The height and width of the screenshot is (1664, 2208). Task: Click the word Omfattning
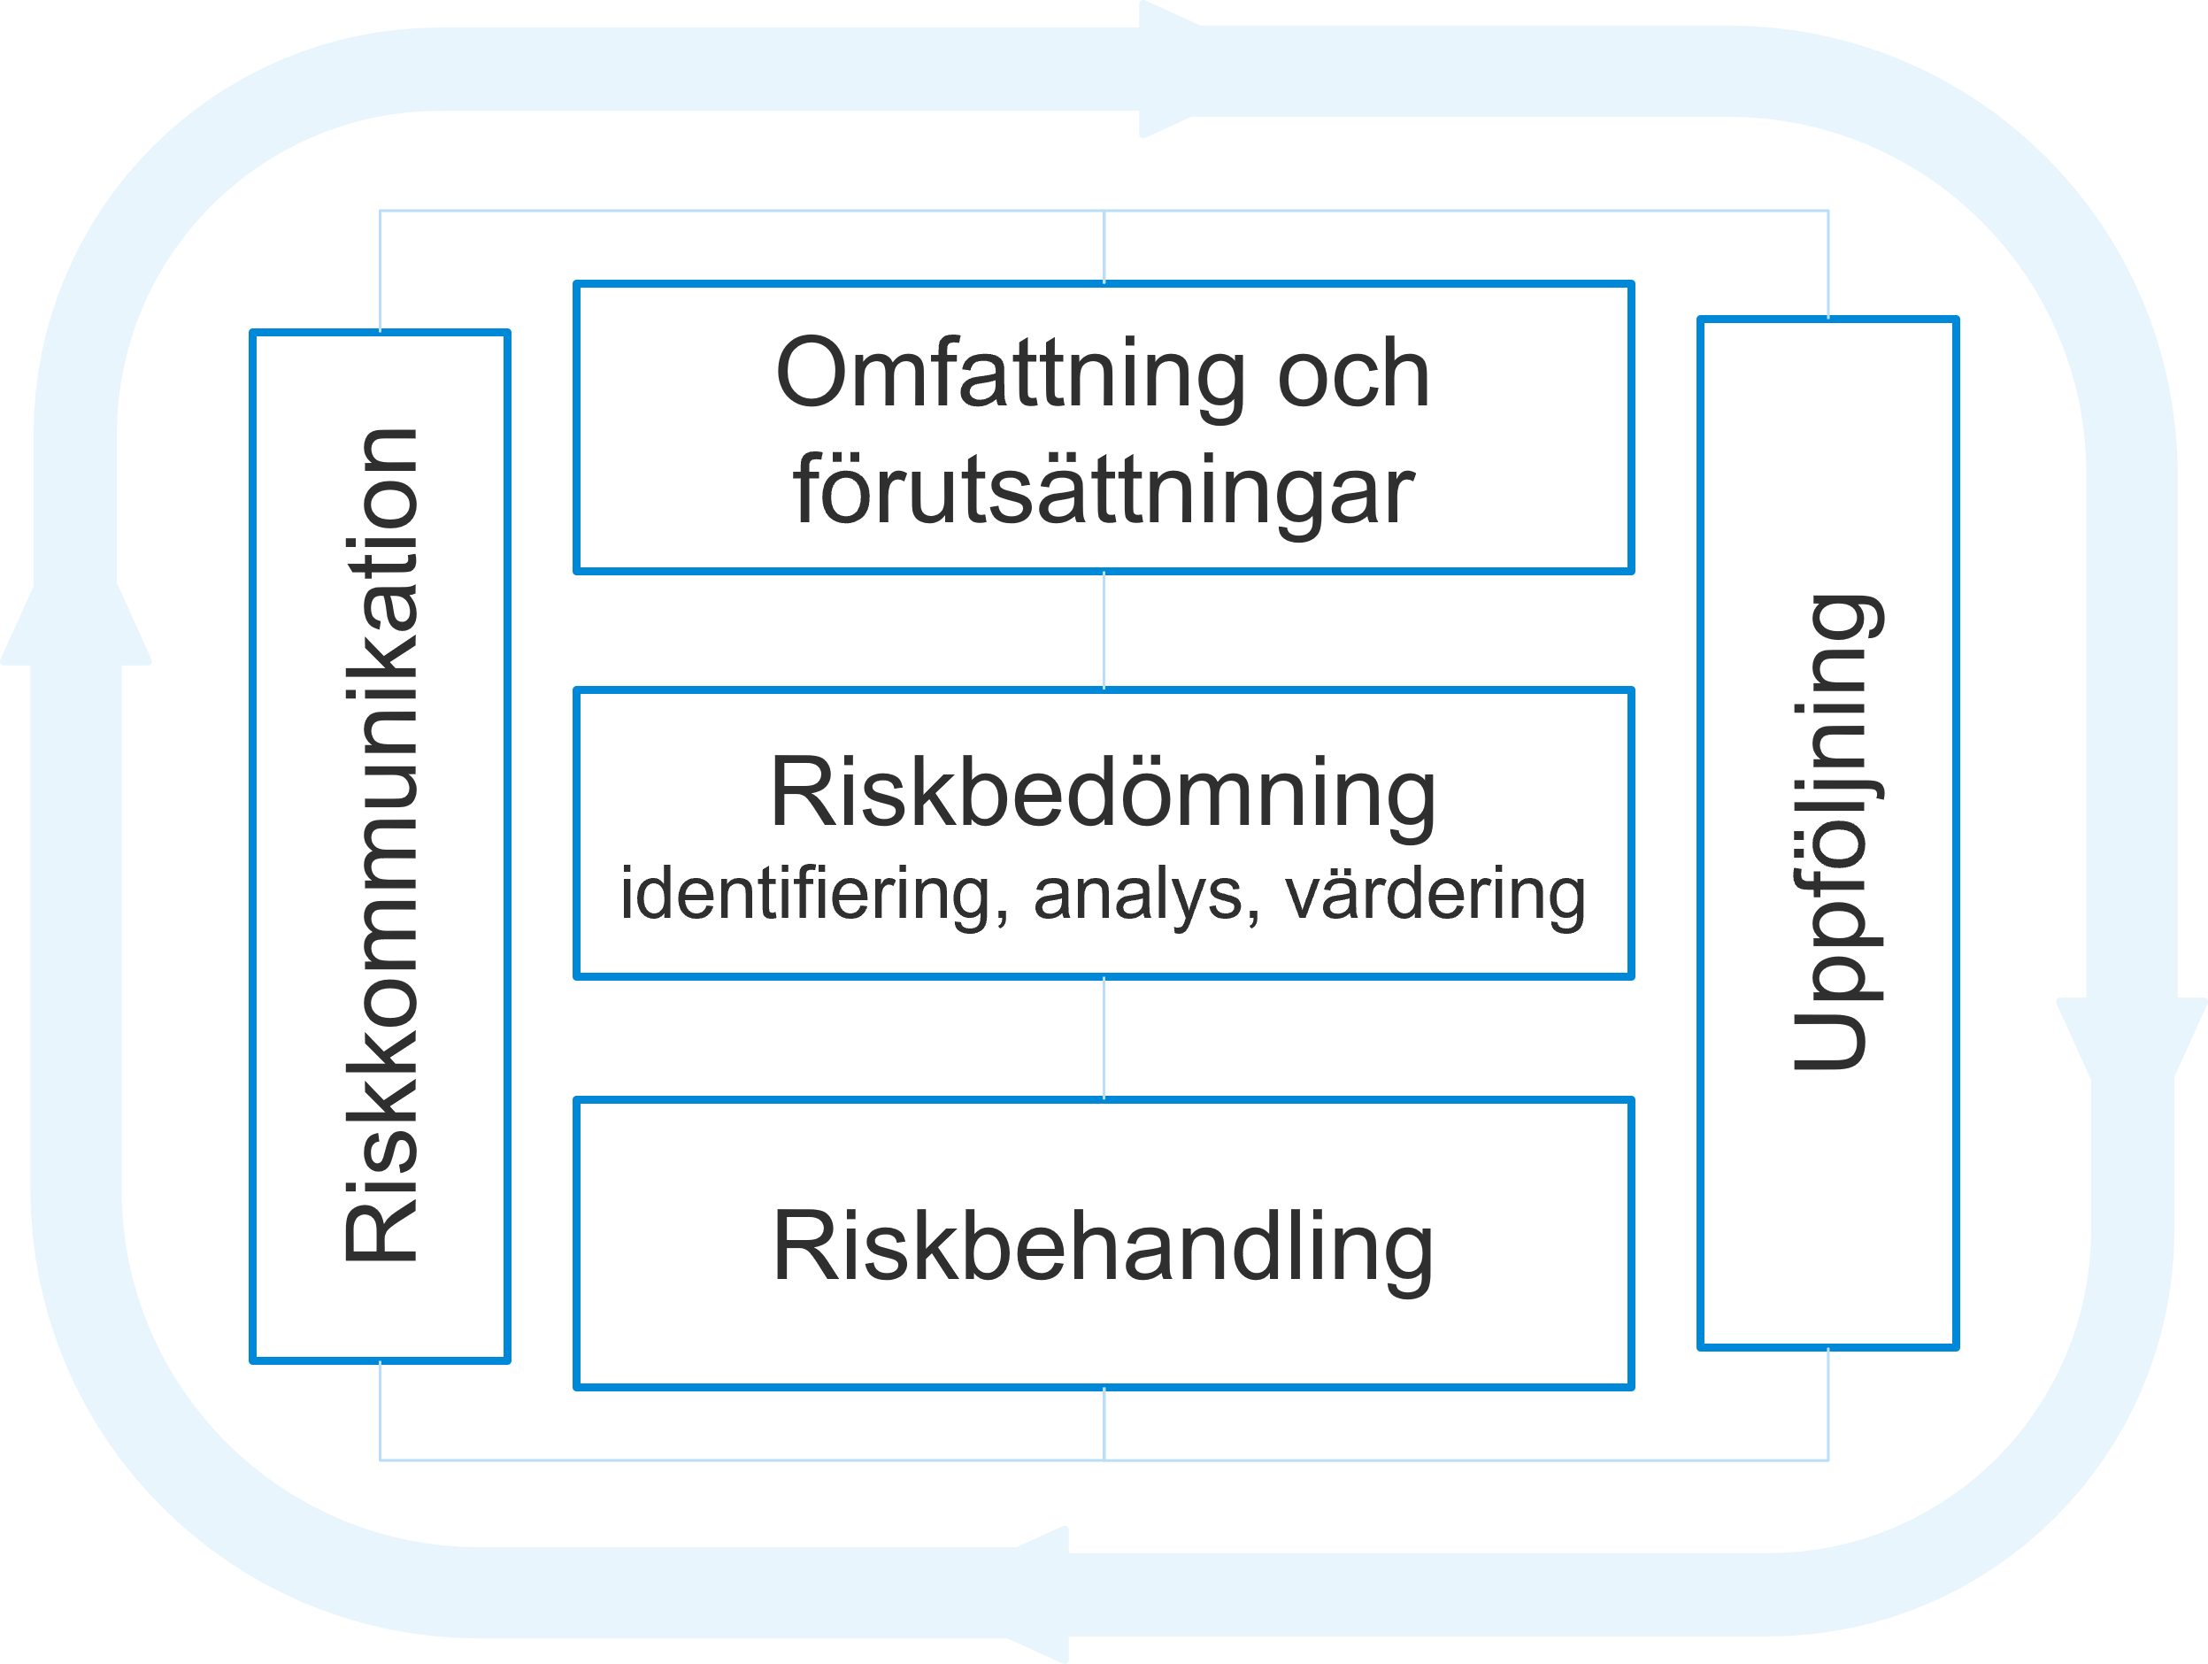[x=1009, y=374]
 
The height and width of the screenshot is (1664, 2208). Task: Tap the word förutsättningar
[x=1103, y=490]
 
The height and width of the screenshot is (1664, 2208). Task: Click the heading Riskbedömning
[x=1103, y=795]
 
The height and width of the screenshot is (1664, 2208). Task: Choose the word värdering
[x=1435, y=894]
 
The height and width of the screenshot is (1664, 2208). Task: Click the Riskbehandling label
[x=1103, y=1248]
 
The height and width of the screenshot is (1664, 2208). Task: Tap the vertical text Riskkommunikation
[x=381, y=845]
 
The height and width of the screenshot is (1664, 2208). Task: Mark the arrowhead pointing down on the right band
[x=2131, y=1038]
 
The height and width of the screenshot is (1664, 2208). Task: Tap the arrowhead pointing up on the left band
[x=77, y=624]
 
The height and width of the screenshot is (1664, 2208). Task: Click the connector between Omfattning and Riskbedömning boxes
[x=1104, y=630]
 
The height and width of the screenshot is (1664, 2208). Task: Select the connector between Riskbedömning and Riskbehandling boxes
[x=1104, y=1038]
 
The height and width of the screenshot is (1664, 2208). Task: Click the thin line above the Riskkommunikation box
[x=381, y=269]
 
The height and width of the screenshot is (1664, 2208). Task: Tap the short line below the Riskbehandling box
[x=1104, y=1423]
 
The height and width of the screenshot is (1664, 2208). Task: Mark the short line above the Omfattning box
[x=1104, y=247]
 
